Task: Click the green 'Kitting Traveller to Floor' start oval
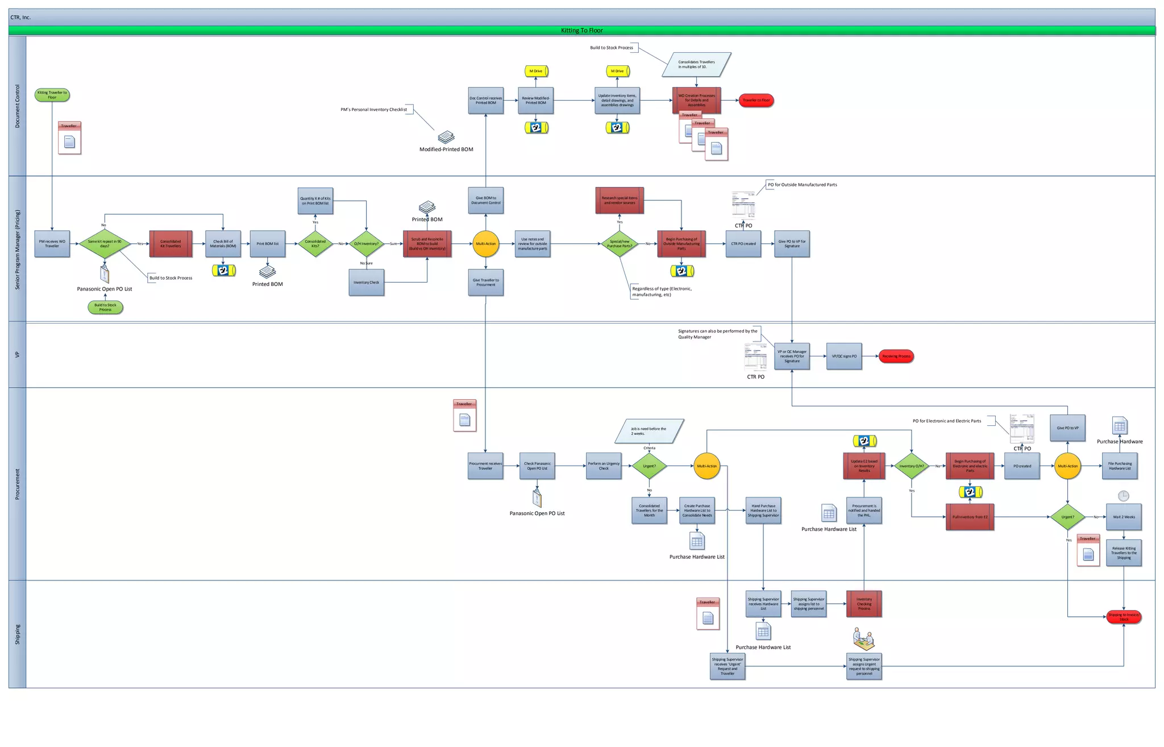coord(52,95)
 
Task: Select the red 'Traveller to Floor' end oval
coord(756,101)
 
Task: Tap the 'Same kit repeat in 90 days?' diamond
coord(105,244)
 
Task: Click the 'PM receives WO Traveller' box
coord(52,244)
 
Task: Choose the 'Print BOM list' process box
coord(267,244)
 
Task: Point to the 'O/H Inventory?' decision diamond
coord(366,244)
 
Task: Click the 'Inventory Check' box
coord(366,283)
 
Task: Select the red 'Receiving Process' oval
coord(896,356)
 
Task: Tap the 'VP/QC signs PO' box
coord(844,356)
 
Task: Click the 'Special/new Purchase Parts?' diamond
coord(620,244)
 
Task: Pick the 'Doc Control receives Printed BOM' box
coord(486,101)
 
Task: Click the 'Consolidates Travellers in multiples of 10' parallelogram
coord(696,64)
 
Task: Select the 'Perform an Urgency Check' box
coord(604,466)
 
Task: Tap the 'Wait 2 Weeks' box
coord(1124,517)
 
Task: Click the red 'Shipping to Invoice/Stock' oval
coord(1124,617)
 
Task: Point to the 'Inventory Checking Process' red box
coord(864,604)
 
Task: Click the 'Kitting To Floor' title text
coord(581,31)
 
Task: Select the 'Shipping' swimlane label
coord(18,634)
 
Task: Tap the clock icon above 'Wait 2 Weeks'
coord(1124,496)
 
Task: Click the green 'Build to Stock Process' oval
coord(105,308)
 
